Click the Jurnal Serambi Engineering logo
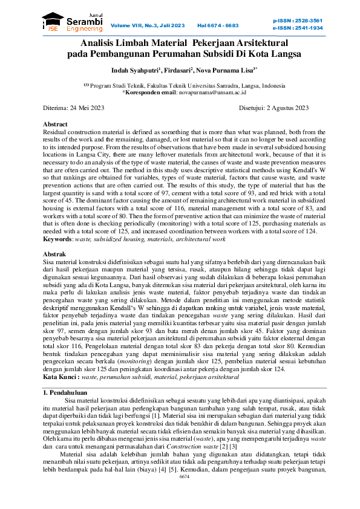pyautogui.click(x=65, y=22)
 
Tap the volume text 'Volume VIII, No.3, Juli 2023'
pyautogui.click(x=148, y=25)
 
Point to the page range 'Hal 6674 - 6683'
pyautogui.click(x=218, y=25)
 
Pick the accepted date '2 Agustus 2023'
pyautogui.click(x=287, y=108)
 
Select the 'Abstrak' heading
pyautogui.click(x=54, y=254)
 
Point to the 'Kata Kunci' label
pyautogui.click(x=61, y=377)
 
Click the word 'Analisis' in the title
pyautogui.click(x=101, y=43)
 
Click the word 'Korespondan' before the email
pyautogui.click(x=143, y=92)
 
